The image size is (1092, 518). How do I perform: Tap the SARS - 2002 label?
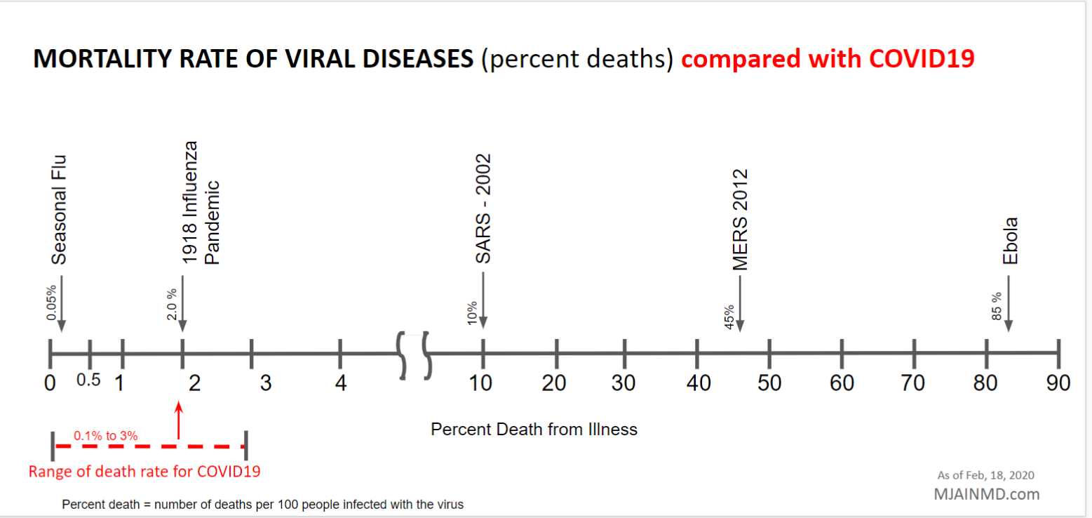click(483, 209)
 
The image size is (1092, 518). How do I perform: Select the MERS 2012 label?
click(740, 220)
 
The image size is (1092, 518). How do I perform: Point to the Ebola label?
click(1010, 241)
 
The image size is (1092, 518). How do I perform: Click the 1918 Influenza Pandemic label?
click(201, 203)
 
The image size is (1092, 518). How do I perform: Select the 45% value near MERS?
click(729, 317)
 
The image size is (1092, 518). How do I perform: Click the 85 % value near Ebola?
click(997, 306)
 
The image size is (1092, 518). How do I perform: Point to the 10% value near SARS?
click(472, 312)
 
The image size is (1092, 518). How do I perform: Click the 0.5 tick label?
click(89, 380)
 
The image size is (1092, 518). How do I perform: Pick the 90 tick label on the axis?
click(1058, 383)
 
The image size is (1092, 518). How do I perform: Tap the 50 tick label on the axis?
click(770, 383)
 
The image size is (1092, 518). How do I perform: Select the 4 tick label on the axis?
click(341, 383)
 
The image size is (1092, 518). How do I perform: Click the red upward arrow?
click(179, 420)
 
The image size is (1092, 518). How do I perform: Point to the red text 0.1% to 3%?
click(105, 436)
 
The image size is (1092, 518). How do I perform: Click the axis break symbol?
click(414, 355)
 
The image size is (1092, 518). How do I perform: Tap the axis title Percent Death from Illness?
click(534, 429)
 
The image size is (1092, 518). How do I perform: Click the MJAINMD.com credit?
click(986, 493)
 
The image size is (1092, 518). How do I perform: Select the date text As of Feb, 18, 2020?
click(985, 475)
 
